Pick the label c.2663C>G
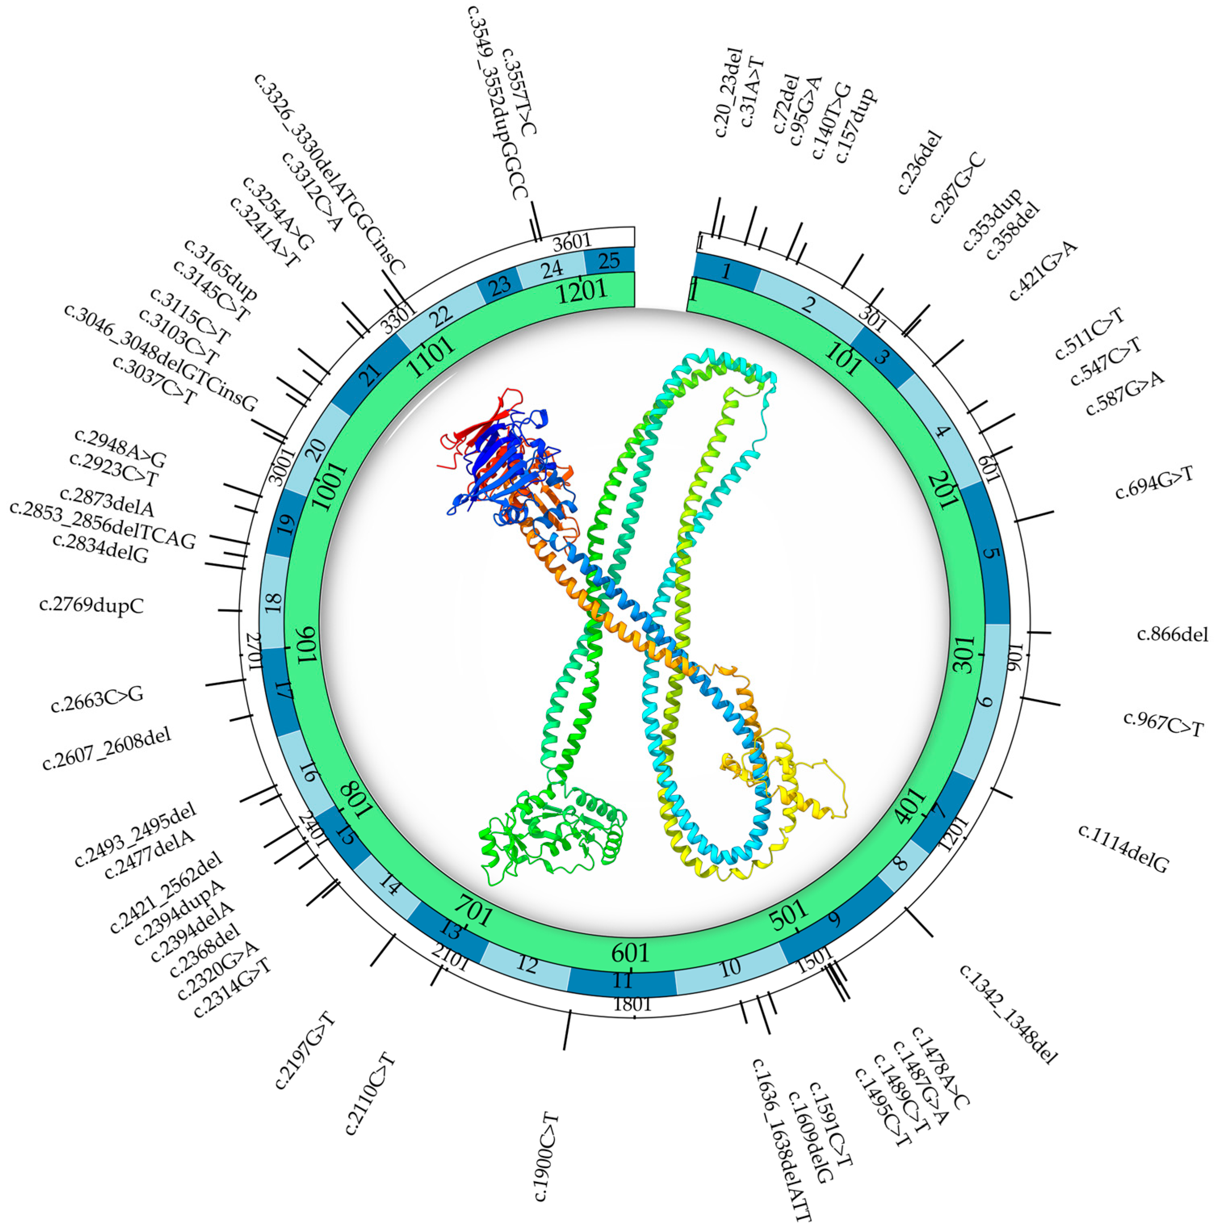click(x=97, y=699)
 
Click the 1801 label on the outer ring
click(x=632, y=1004)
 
